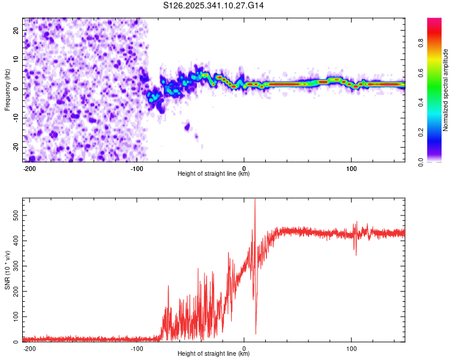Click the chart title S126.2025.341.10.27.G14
pyautogui.click(x=214, y=5)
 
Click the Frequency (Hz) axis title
pyautogui.click(x=7, y=89)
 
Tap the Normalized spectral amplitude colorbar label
pyautogui.click(x=446, y=90)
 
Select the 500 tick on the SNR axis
pyautogui.click(x=13, y=213)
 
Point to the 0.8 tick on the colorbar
pyautogui.click(x=421, y=43)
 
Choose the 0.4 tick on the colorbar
pyautogui.click(x=421, y=102)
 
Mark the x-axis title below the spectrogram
pyautogui.click(x=214, y=175)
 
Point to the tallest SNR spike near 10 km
pyautogui.click(x=255, y=200)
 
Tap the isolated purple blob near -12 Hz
pyautogui.click(x=187, y=126)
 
